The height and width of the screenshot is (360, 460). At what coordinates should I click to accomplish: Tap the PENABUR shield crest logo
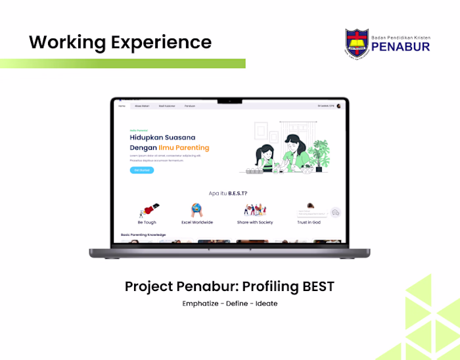click(357, 43)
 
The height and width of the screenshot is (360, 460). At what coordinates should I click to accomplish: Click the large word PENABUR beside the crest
click(400, 47)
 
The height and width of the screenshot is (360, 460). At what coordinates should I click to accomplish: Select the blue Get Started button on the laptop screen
click(142, 170)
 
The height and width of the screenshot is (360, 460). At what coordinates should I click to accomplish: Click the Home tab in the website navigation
click(122, 106)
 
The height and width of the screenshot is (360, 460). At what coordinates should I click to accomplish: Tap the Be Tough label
click(147, 223)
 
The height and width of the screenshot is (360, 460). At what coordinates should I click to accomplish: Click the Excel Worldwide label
click(197, 223)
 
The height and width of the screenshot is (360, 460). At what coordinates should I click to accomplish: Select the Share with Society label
click(255, 223)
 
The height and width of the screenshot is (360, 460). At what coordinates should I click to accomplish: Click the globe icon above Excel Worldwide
click(197, 210)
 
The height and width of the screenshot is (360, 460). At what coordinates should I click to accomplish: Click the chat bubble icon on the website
click(335, 213)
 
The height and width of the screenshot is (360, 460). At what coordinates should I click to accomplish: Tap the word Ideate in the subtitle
click(267, 304)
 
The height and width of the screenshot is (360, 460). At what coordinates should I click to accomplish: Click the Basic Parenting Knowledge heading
click(143, 235)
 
